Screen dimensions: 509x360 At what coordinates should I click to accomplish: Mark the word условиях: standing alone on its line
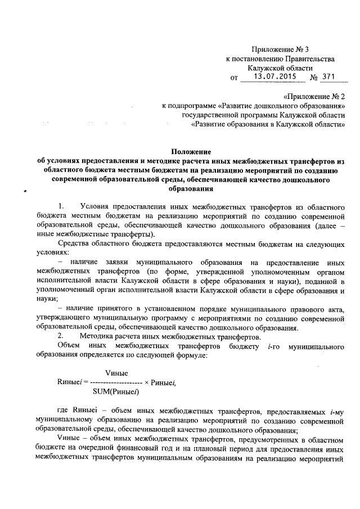[51, 253]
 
